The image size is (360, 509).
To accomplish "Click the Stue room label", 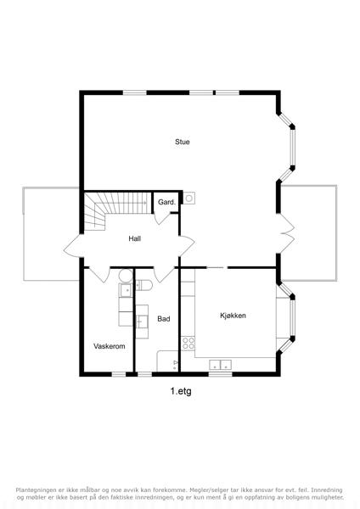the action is [x=183, y=142].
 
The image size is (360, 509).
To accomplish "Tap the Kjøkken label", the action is [x=233, y=316].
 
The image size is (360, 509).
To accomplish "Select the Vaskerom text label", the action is [x=110, y=346].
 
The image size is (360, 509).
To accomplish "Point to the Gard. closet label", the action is [x=166, y=202].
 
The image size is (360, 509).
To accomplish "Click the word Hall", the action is [x=134, y=238].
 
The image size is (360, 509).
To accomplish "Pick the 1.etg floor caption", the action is [x=181, y=391].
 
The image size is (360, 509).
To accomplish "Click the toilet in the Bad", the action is [x=144, y=285].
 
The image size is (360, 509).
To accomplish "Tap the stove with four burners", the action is [x=188, y=344].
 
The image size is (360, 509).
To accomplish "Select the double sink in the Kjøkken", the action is [x=220, y=365].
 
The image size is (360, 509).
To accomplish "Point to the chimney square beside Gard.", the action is [x=189, y=198].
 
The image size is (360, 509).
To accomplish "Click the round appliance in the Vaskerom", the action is [x=126, y=276].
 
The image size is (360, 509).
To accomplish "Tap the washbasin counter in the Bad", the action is [x=142, y=322].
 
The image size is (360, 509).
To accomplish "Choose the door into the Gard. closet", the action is [x=163, y=218].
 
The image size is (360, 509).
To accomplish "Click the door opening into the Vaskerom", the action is [x=98, y=275].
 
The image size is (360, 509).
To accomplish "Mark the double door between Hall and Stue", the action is [x=187, y=246].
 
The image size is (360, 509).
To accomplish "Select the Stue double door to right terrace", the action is [x=287, y=233].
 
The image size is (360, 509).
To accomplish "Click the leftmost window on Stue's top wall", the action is [x=135, y=92].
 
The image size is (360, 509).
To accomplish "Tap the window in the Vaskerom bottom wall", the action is [x=119, y=374].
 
